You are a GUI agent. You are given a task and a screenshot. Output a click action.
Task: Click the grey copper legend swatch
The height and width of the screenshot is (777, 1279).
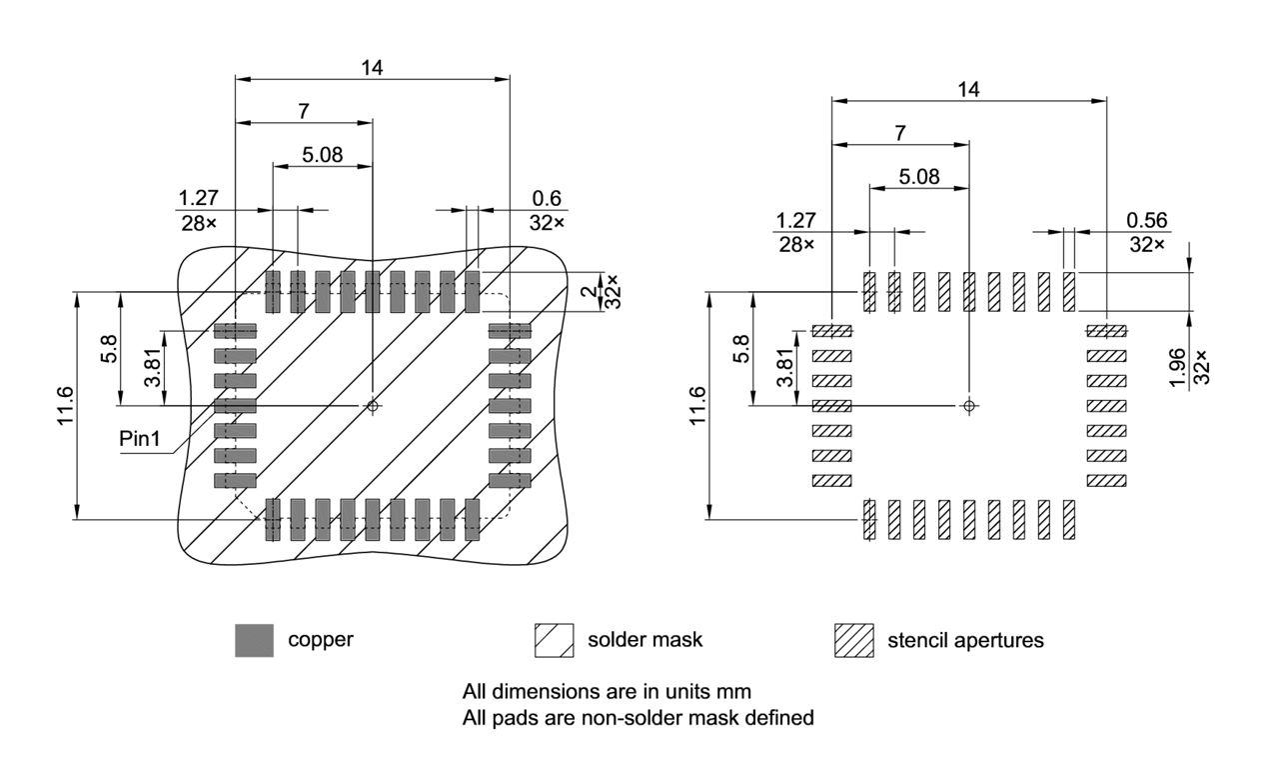tap(254, 640)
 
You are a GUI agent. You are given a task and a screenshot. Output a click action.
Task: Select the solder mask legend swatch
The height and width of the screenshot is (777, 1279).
tap(553, 640)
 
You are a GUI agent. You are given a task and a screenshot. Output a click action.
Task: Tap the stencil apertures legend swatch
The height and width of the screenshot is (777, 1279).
tap(854, 640)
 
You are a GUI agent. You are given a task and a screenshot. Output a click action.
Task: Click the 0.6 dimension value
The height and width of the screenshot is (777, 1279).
tap(546, 198)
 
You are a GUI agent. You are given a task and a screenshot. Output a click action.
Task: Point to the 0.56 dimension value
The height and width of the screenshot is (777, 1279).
tap(1146, 220)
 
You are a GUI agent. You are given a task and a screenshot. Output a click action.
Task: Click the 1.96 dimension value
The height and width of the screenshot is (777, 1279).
tap(1179, 366)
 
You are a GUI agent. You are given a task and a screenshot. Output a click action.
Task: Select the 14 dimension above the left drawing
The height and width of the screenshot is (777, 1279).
tap(372, 68)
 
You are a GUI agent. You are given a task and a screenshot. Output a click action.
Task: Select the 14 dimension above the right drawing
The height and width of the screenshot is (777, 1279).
tap(967, 89)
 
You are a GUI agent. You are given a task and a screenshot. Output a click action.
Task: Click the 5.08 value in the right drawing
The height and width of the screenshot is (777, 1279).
tap(918, 176)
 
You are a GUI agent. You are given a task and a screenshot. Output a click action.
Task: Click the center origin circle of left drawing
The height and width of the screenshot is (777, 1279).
tap(373, 405)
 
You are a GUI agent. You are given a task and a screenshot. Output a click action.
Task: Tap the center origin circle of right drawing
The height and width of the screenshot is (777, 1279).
tap(968, 405)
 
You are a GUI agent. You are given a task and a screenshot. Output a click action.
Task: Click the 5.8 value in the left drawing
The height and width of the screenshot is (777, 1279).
tap(110, 348)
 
